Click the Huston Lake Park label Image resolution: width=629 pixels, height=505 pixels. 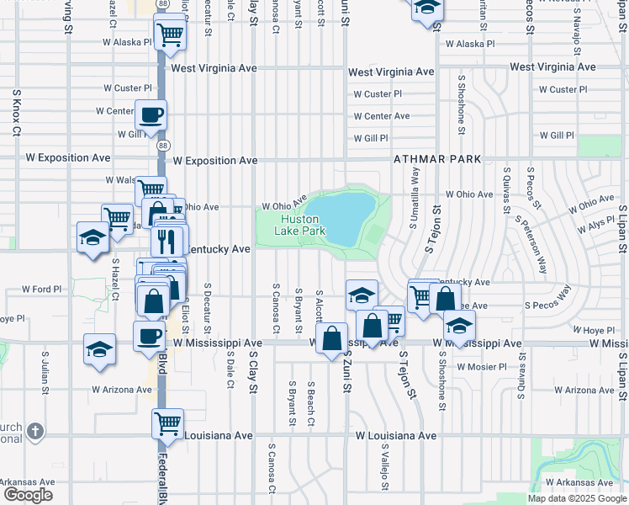[x=299, y=225]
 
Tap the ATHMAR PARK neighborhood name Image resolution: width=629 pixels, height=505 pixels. [x=437, y=159]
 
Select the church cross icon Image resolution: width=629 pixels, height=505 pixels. [x=34, y=432]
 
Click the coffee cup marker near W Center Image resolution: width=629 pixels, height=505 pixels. [x=151, y=114]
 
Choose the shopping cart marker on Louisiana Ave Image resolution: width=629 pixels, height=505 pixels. [x=167, y=422]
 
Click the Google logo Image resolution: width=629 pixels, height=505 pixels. [x=29, y=495]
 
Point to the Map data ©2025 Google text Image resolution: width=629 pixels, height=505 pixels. [x=576, y=498]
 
